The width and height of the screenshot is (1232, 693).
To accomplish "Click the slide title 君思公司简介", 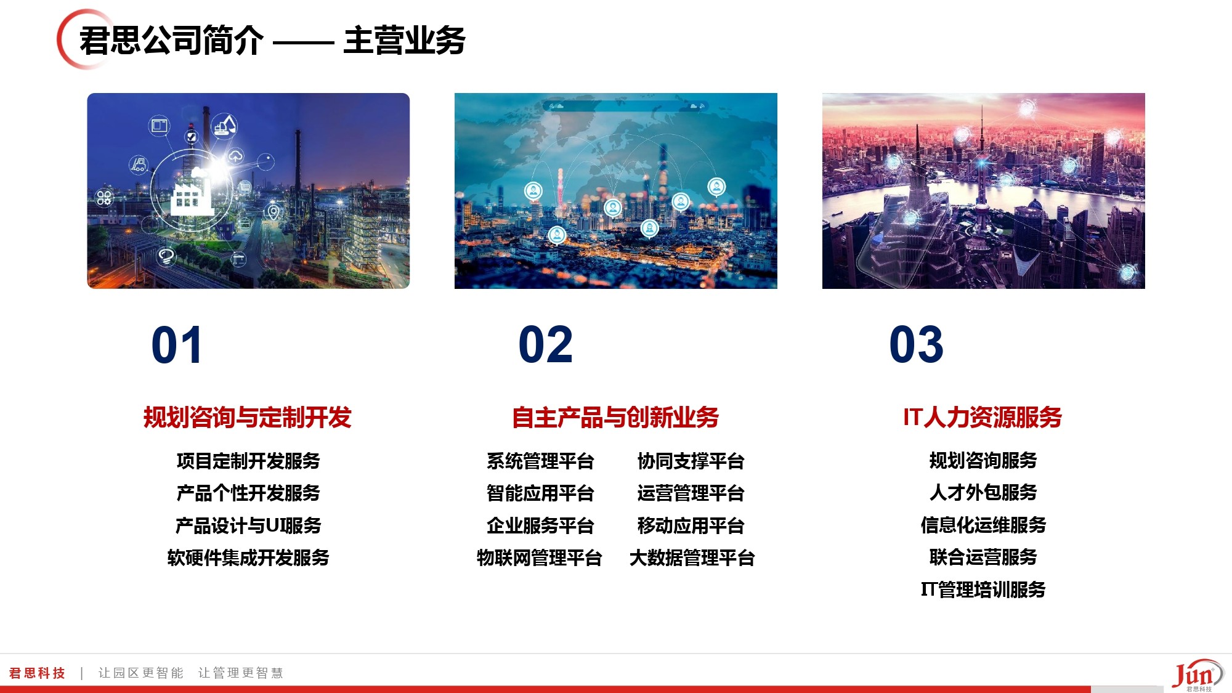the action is coord(172,41).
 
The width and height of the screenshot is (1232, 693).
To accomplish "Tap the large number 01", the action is coord(177,345).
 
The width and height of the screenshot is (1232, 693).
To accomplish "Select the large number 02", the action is coord(546,345).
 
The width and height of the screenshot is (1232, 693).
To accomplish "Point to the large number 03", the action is coord(916,345).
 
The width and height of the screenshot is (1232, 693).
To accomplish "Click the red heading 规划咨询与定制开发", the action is coord(248,418).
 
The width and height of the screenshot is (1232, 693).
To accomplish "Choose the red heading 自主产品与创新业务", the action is coord(615,418).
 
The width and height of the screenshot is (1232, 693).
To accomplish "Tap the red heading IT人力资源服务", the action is coord(983,418).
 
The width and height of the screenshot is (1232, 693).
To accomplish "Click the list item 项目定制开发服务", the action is coord(248,461).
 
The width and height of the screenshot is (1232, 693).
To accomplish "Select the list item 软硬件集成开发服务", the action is coord(248,557).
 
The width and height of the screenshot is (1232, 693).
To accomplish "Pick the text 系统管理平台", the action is coord(540,461).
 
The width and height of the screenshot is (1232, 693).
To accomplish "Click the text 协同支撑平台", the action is coord(691,461).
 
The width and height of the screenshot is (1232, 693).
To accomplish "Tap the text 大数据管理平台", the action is coord(692,557).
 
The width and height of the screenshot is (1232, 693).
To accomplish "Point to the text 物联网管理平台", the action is coord(540,557).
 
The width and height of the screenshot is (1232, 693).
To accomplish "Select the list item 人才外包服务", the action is coord(983,492).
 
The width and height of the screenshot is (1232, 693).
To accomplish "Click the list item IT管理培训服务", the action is coord(983,590).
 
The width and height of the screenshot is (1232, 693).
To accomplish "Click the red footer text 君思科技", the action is coord(37,673).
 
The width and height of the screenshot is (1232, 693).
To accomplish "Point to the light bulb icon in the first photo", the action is coord(166,256).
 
